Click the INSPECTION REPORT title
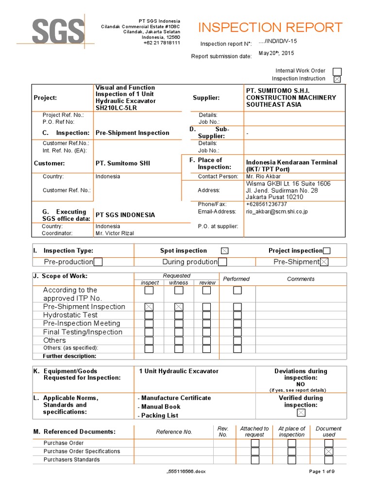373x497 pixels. tap(271, 27)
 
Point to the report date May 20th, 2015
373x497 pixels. tap(276, 53)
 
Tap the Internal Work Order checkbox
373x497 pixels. tap(337, 71)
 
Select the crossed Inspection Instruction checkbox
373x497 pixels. tap(337, 79)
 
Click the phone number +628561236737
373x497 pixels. tap(266, 204)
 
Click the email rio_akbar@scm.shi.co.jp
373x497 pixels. tap(277, 212)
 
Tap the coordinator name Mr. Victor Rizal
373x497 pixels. tap(115, 233)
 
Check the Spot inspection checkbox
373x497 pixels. tap(224, 251)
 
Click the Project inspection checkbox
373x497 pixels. tap(327, 251)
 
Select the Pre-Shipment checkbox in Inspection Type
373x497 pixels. tap(324, 262)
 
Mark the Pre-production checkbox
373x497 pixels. tap(98, 262)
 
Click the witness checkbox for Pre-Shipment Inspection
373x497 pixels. tap(179, 307)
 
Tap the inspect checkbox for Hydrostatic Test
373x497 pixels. tap(149, 315)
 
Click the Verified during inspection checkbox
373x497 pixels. tap(301, 413)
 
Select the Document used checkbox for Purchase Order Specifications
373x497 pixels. tap(329, 451)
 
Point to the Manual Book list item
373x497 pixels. tap(161, 407)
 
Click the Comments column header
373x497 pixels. tap(301, 279)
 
